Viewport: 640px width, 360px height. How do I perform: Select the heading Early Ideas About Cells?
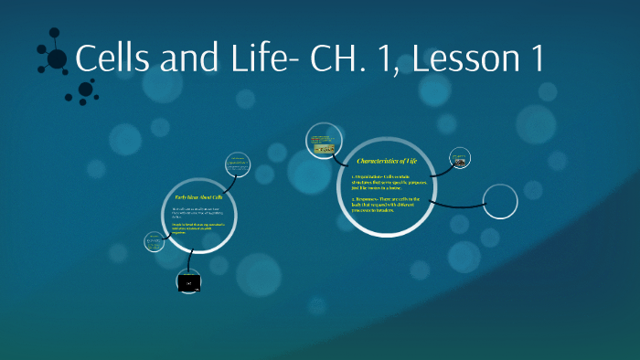(198, 196)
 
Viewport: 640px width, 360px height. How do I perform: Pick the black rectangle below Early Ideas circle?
(188, 283)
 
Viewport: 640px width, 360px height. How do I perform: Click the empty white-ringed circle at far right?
(500, 202)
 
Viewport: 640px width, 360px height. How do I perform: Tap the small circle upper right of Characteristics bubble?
(461, 157)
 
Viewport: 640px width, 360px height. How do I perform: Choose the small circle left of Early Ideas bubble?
(153, 242)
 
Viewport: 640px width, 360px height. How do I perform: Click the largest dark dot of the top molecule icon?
(57, 59)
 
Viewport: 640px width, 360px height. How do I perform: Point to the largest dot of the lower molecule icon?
(86, 89)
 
